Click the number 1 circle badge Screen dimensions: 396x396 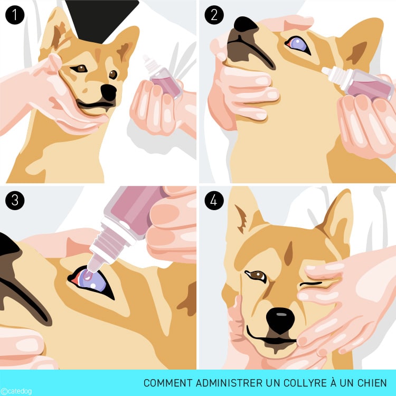coord(15,15)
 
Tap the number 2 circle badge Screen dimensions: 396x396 coord(214,15)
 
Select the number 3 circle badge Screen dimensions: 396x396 coord(15,201)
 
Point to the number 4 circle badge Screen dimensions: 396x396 coord(214,201)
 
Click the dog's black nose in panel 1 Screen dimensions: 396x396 coord(109,92)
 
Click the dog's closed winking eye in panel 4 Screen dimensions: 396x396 coord(310,284)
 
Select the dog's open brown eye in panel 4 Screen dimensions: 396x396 coord(256,276)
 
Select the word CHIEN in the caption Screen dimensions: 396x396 coord(372,383)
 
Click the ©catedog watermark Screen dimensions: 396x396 coord(16,391)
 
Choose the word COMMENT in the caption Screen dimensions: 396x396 coord(168,383)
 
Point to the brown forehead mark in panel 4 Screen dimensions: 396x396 coord(289,254)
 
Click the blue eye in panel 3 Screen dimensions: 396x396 coord(91,281)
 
